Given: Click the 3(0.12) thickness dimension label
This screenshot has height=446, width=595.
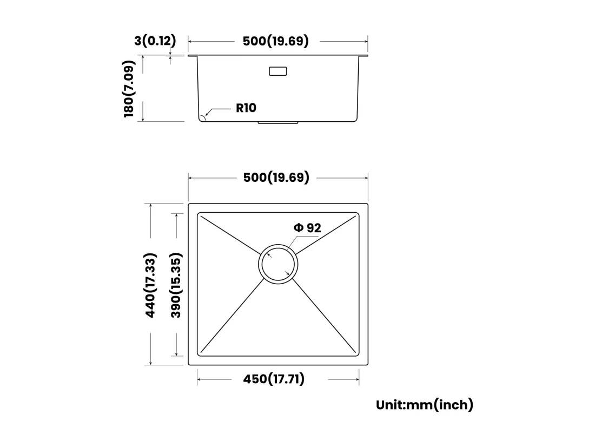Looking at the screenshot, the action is pos(155,41).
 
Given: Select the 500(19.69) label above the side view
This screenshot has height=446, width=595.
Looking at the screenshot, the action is pos(275,41).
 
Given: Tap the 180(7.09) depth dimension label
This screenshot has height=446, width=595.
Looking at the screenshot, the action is pos(129,89).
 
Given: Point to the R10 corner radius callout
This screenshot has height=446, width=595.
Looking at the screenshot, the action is pos(246,108).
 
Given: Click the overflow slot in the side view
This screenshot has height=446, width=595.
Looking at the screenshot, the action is pos(278,71).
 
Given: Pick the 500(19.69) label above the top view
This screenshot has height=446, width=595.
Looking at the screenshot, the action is pos(276,177).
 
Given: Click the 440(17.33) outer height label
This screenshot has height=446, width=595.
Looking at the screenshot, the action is pos(150,285).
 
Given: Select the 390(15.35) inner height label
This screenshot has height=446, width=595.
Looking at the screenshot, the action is pos(176,285).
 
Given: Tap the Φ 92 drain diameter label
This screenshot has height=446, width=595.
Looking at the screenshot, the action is pos(307,228).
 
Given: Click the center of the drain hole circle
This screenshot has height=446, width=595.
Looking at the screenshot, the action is pos(278,264).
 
